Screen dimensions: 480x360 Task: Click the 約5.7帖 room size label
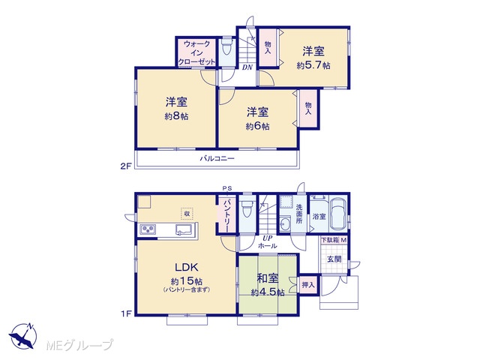coord(313,65)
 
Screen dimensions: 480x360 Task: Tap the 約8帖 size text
coord(177,116)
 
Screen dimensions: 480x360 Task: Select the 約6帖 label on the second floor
coord(258,126)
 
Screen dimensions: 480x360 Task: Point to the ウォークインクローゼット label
coord(196,53)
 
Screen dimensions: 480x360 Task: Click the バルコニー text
coord(217,158)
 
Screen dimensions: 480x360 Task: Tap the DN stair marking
coord(247,67)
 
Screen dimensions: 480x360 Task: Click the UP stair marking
coord(268,238)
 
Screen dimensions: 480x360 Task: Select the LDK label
coord(187,267)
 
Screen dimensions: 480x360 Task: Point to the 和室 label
coord(268,278)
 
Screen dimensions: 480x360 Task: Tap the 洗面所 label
coord(299,214)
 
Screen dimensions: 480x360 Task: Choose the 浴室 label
coord(319,217)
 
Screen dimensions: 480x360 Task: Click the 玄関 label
coord(334,259)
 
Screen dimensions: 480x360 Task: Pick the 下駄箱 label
coord(331,240)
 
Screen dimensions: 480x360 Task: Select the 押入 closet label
coord(308,285)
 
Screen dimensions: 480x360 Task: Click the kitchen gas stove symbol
coord(148,229)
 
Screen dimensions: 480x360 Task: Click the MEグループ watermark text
coord(79,345)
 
